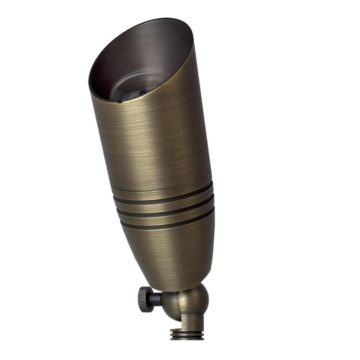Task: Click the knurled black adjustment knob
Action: tap(145, 299)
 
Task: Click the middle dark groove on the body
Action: tap(165, 209)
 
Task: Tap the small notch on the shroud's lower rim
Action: tap(118, 101)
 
